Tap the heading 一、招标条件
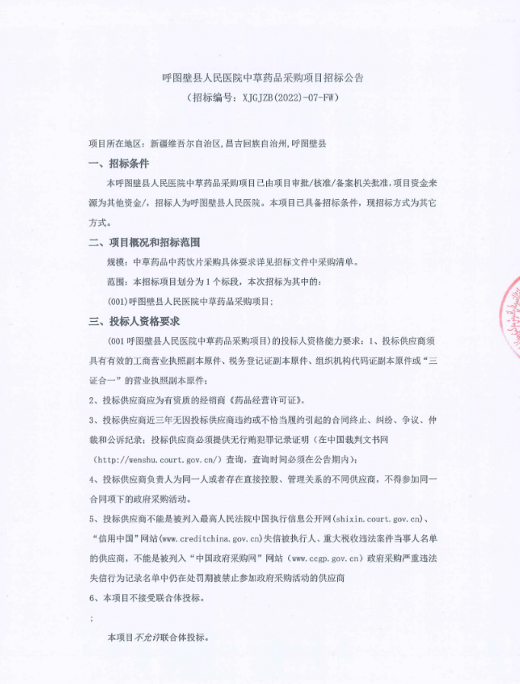coord(119,164)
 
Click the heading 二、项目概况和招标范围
coord(144,242)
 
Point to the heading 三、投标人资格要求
coord(134,321)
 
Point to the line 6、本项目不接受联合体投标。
coord(146,598)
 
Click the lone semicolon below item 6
coord(92,618)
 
